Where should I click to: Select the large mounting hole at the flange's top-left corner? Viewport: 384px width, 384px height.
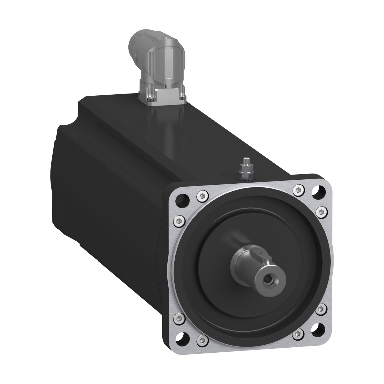(x=183, y=198)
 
